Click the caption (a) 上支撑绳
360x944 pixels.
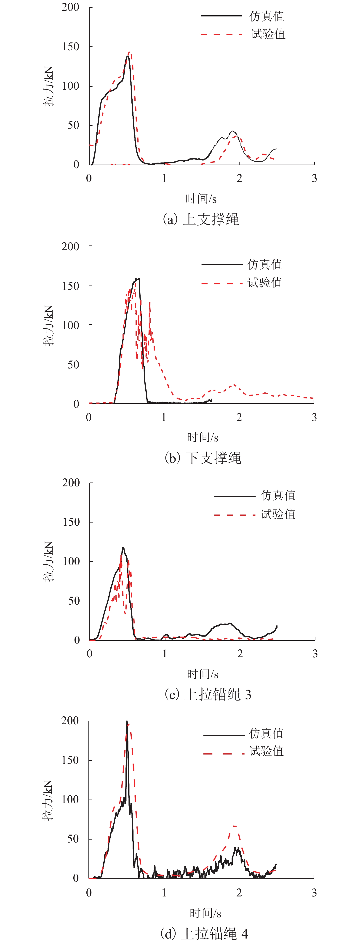[x=200, y=219]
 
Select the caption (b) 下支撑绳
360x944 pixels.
[x=203, y=458]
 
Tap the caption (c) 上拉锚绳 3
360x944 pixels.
[x=208, y=694]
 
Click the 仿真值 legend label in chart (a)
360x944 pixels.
[x=267, y=16]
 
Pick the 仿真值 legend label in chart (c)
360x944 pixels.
[x=278, y=496]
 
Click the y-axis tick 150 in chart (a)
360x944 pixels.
[x=70, y=47]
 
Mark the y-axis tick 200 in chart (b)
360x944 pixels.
[x=70, y=247]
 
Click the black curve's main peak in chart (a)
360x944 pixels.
[x=127, y=56]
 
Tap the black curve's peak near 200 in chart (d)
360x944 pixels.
[x=127, y=722]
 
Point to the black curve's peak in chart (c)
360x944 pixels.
[x=123, y=548]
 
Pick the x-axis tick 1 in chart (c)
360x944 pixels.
[x=165, y=653]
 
